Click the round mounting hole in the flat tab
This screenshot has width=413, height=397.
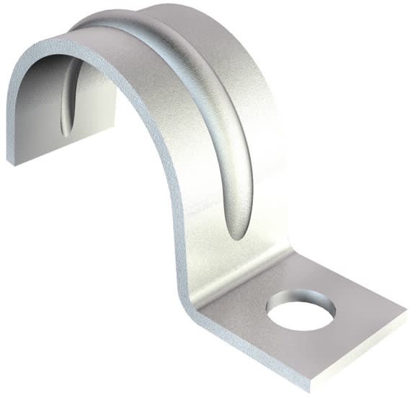301,311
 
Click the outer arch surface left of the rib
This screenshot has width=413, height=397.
173,108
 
